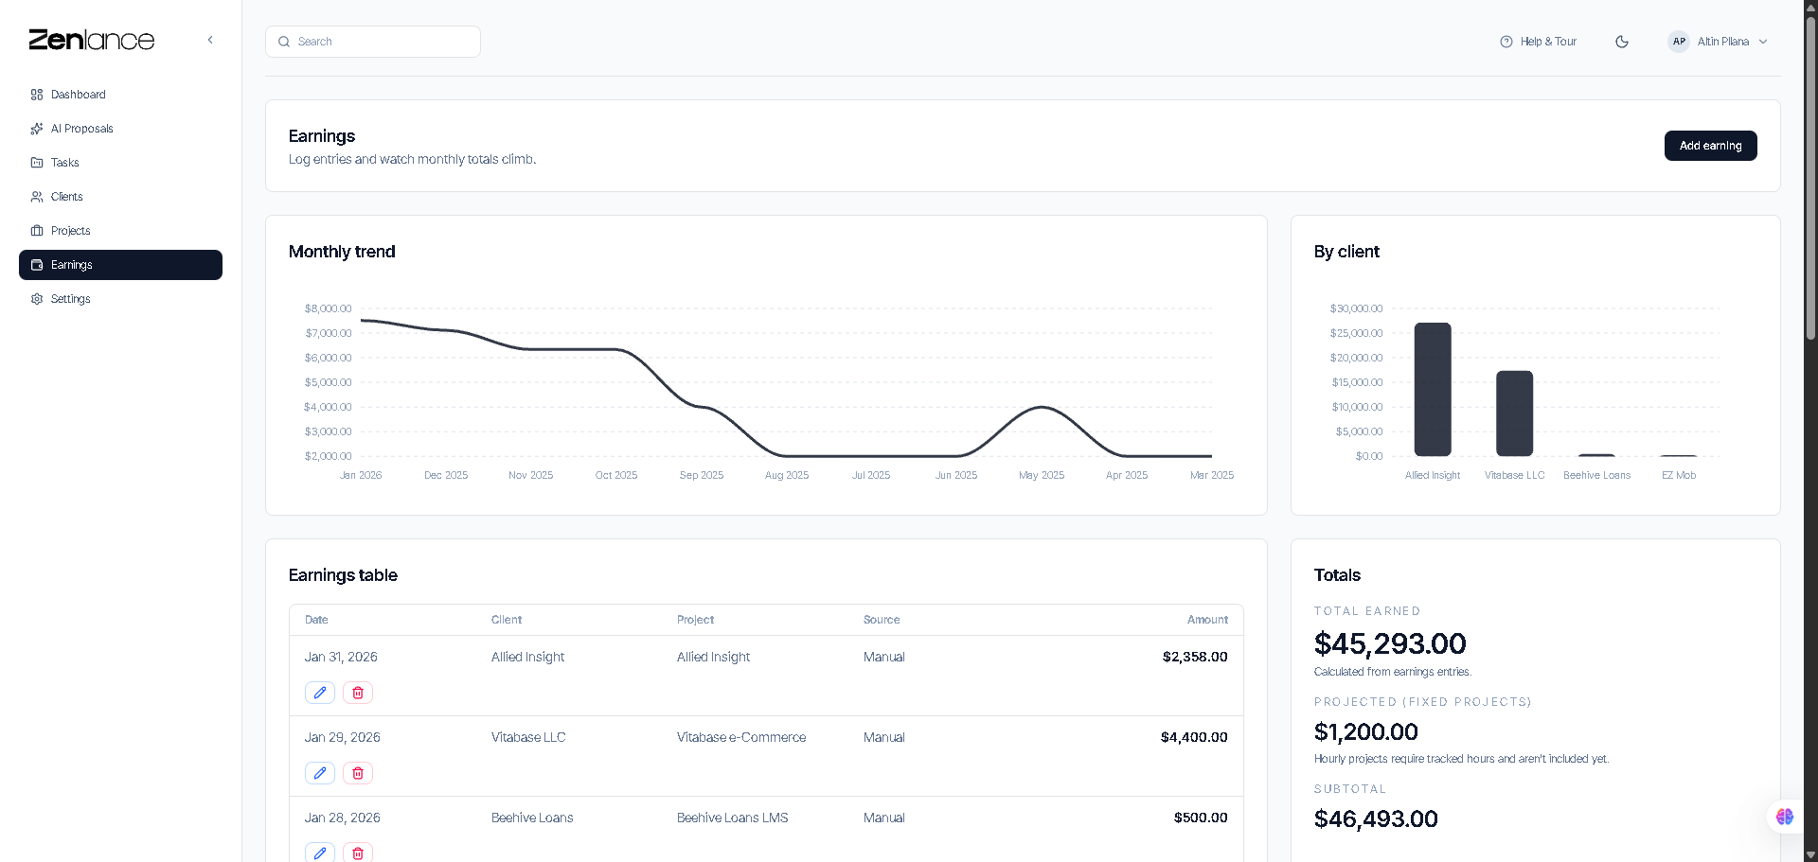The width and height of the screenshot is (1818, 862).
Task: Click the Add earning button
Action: [x=1710, y=146]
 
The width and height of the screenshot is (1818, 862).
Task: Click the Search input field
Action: [x=373, y=42]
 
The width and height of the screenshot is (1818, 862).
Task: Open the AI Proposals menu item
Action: [x=81, y=129]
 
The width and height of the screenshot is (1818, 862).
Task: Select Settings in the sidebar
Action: [x=70, y=299]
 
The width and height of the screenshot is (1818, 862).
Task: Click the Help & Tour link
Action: [x=1539, y=42]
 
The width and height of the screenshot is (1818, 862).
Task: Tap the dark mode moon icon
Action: [x=1622, y=42]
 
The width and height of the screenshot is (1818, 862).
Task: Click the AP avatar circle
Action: [x=1679, y=42]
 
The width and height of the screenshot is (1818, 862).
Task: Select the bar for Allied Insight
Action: [x=1433, y=390]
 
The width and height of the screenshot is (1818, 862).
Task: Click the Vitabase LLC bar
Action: [x=1514, y=413]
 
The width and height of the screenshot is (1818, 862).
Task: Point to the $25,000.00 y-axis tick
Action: [x=1356, y=333]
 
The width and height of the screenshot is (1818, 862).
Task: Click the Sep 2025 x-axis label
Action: [x=702, y=475]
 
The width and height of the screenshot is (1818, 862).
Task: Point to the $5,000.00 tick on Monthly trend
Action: [x=328, y=382]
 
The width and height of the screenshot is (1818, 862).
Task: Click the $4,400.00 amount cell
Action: [x=1193, y=737]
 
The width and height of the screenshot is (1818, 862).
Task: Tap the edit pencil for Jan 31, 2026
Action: [x=320, y=693]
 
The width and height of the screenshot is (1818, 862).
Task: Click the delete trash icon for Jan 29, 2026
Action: [x=358, y=773]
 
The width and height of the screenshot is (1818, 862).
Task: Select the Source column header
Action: [x=882, y=620]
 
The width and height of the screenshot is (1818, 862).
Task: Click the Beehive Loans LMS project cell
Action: [x=732, y=818]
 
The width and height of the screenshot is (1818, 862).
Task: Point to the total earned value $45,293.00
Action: [x=1389, y=643]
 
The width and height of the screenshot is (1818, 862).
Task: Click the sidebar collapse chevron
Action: [x=210, y=40]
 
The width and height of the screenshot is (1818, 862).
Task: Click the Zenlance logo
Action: [x=92, y=40]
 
